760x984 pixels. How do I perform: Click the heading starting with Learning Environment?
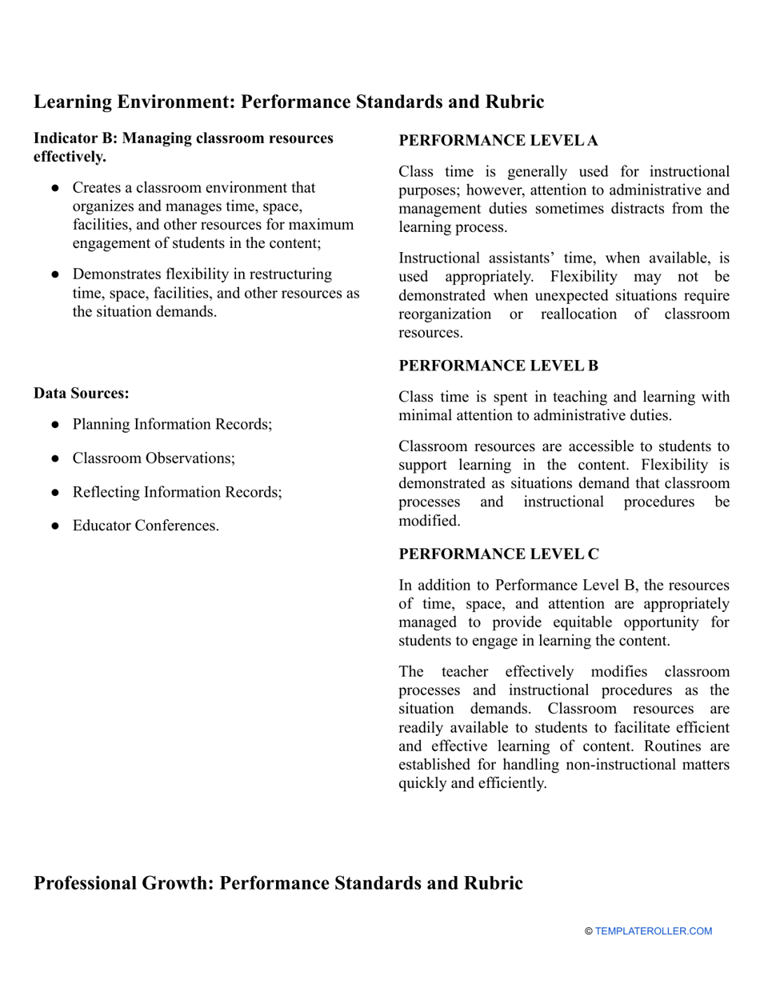click(x=289, y=102)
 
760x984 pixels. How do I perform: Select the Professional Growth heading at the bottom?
click(x=278, y=883)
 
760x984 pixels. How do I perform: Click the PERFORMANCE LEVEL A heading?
click(x=498, y=141)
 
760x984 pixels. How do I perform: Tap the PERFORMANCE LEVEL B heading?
click(x=498, y=366)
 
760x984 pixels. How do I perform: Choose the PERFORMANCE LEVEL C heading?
click(x=498, y=554)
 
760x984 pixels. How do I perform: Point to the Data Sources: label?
click(x=82, y=394)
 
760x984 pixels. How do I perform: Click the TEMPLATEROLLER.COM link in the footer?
click(x=653, y=931)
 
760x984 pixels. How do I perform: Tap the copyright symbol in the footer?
click(x=589, y=931)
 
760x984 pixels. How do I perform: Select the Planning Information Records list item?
click(x=172, y=424)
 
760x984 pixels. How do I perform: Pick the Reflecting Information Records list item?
click(x=177, y=492)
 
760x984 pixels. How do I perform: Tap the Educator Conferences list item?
click(x=146, y=526)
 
